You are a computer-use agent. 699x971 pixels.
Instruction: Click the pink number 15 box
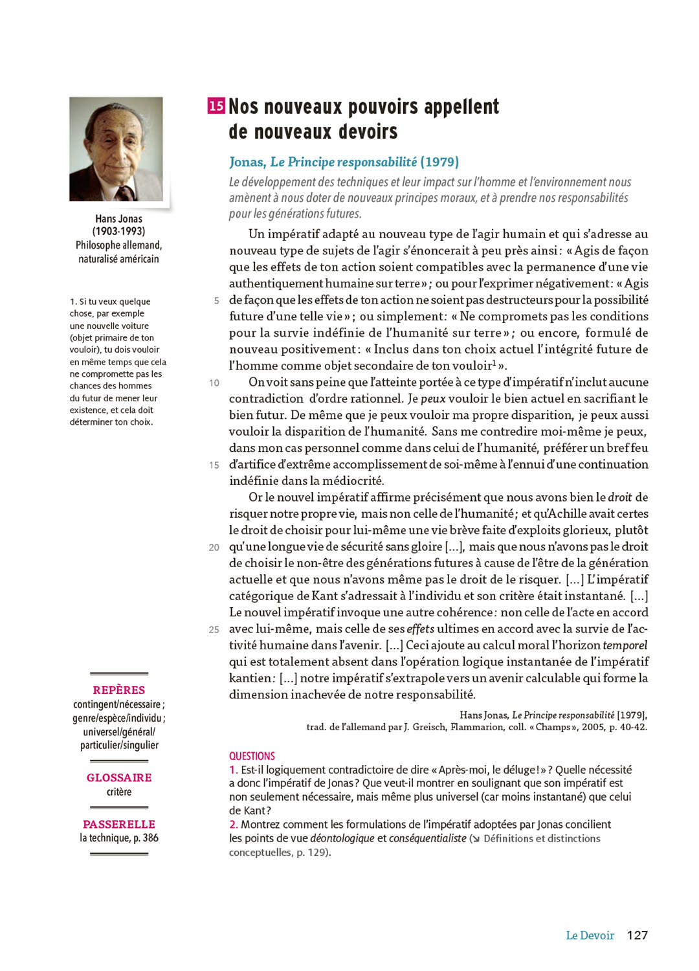[x=216, y=106]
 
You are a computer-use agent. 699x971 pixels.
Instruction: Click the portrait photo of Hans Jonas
[x=116, y=149]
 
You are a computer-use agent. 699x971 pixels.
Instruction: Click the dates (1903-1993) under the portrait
[x=118, y=231]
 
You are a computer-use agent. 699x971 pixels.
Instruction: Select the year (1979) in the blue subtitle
[x=439, y=162]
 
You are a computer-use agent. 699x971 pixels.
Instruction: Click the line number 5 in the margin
[x=216, y=300]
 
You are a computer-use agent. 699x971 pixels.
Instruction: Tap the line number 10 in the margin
[x=214, y=383]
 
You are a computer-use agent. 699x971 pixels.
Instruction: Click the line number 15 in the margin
[x=214, y=465]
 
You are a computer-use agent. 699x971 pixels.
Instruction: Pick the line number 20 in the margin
[x=214, y=547]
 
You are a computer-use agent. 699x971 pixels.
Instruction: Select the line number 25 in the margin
[x=214, y=629]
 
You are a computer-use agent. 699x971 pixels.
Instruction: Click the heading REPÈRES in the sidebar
[x=119, y=690]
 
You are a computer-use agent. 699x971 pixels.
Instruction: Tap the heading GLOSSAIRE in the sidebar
[x=119, y=777]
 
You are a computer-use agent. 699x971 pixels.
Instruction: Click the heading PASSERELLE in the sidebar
[x=119, y=824]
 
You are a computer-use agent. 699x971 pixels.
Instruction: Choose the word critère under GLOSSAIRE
[x=119, y=792]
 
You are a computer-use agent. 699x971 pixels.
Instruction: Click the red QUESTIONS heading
[x=252, y=756]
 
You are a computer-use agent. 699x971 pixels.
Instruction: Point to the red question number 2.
[x=233, y=824]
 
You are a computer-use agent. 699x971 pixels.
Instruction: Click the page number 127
[x=637, y=935]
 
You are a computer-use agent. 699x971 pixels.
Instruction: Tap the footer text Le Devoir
[x=590, y=935]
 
